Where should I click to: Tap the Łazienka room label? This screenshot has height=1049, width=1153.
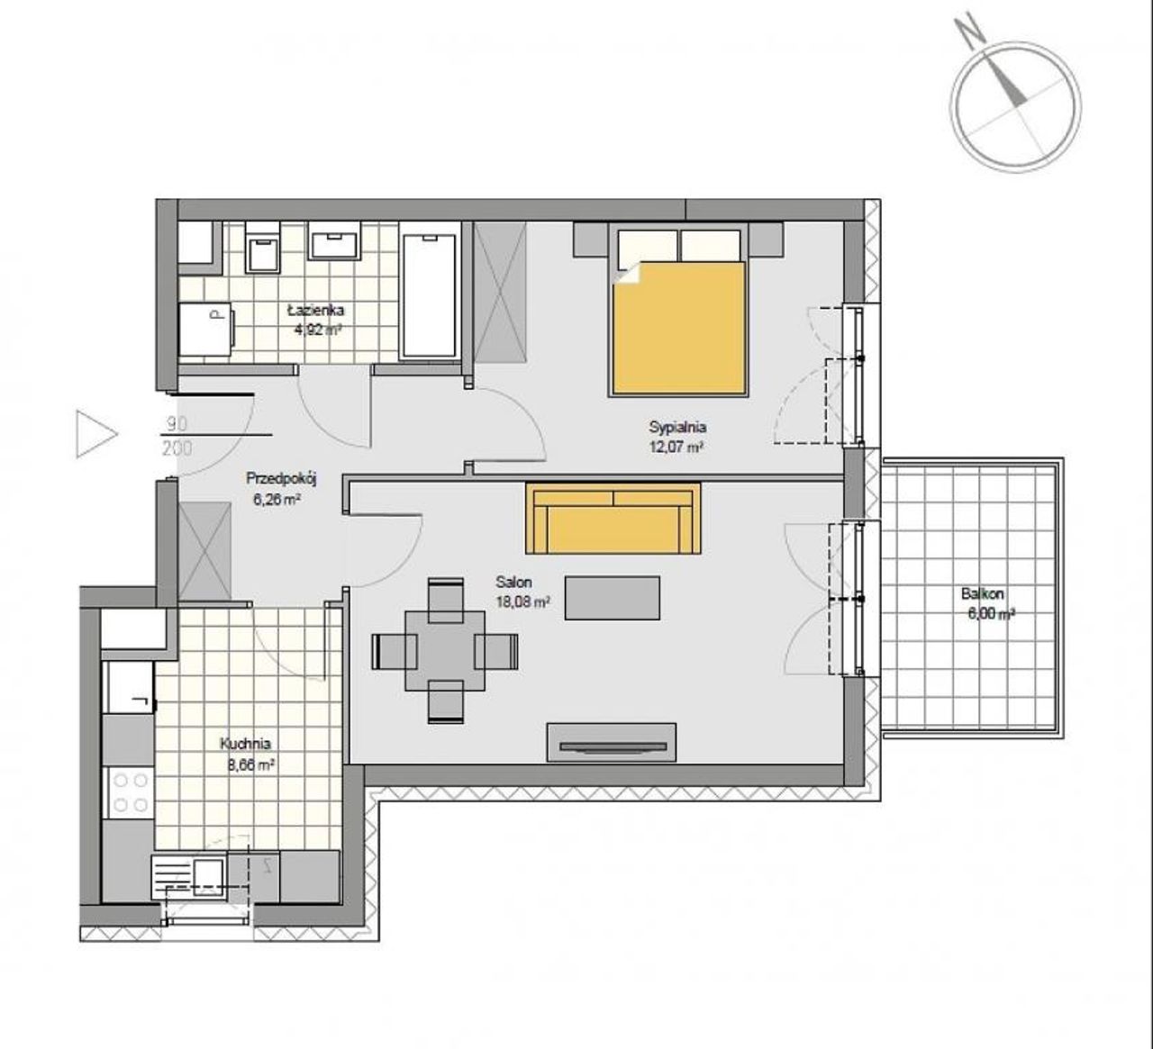tap(316, 311)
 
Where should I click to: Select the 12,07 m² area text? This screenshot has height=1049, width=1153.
tap(677, 447)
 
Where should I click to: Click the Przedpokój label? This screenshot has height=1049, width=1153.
tap(282, 478)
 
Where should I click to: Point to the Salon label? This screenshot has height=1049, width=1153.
tap(513, 583)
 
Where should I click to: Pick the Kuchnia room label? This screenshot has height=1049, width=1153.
tap(245, 744)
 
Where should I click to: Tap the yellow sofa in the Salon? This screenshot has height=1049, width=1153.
tap(613, 519)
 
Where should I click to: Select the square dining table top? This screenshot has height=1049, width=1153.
tap(445, 650)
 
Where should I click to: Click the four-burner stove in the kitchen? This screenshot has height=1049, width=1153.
tap(129, 792)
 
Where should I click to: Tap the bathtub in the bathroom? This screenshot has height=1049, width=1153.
tap(430, 295)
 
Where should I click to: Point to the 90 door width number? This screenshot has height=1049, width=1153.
tap(177, 424)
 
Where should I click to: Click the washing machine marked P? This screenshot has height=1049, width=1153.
tap(205, 330)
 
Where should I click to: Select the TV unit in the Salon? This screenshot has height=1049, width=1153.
tap(611, 742)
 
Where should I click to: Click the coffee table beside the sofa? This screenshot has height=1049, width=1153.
tap(613, 598)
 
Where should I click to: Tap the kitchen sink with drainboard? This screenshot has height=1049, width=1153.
tap(187, 875)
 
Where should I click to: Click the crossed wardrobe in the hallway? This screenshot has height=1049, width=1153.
tap(204, 552)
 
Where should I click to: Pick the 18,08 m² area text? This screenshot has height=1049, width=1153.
tap(522, 602)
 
